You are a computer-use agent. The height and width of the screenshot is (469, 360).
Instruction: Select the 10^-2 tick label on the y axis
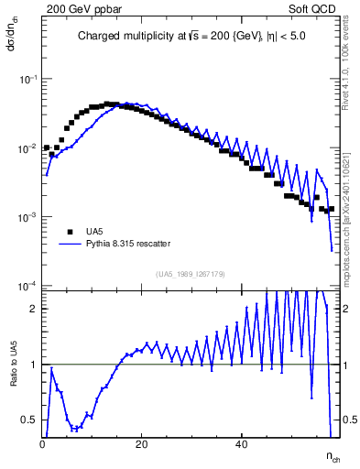point(27,148)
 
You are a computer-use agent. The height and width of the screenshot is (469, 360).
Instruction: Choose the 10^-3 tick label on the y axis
point(27,217)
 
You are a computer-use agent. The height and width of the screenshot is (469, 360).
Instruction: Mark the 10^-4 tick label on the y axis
point(27,286)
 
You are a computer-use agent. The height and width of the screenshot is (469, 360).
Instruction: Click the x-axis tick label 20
point(141,444)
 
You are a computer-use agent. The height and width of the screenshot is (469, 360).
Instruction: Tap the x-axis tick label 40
point(240,444)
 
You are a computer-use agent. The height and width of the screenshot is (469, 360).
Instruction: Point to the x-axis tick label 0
point(43,444)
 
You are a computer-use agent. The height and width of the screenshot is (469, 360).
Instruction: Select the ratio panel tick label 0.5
point(30,420)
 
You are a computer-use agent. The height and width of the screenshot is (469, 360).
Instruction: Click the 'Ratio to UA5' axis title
point(14,376)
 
